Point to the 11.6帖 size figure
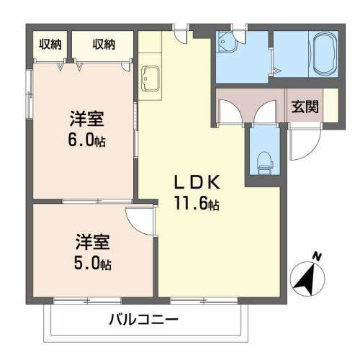[x=195, y=204]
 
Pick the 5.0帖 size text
[x=94, y=264]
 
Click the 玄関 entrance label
[x=306, y=105]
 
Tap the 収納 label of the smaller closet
[x=50, y=45]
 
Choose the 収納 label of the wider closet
[x=104, y=45]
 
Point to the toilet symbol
[x=263, y=160]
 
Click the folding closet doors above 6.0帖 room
[x=72, y=66]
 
